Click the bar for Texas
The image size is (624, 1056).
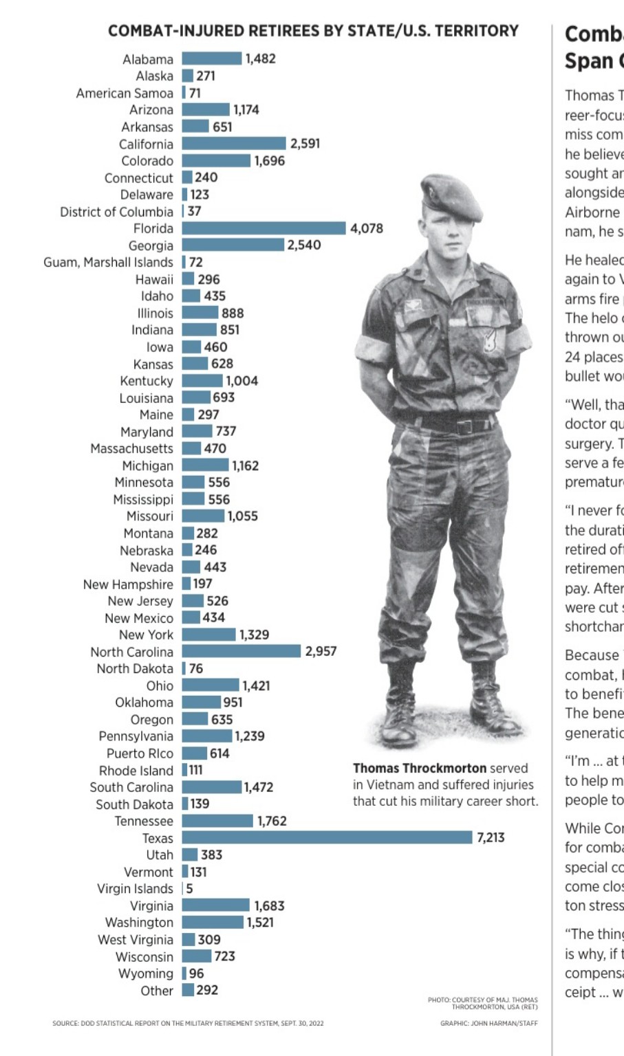pyautogui.click(x=327, y=837)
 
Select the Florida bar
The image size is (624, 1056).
pyautogui.click(x=263, y=228)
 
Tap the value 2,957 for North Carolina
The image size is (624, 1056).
pyautogui.click(x=321, y=651)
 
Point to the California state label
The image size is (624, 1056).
pyautogui.click(x=146, y=144)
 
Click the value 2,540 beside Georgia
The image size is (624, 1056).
pyautogui.click(x=304, y=245)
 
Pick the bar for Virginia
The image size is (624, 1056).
pyautogui.click(x=215, y=905)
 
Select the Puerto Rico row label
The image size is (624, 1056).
pyautogui.click(x=140, y=753)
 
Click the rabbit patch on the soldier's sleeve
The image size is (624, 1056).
pyautogui.click(x=490, y=340)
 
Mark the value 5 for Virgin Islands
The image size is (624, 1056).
pyautogui.click(x=189, y=888)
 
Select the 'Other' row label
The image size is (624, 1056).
pyautogui.click(x=157, y=990)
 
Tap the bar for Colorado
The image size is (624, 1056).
pyautogui.click(x=216, y=160)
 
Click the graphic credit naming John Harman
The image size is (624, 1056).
pyautogui.click(x=489, y=1023)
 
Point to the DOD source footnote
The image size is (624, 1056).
pyautogui.click(x=188, y=1023)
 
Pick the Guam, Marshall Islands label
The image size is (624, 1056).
pyautogui.click(x=108, y=262)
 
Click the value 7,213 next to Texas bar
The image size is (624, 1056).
pyautogui.click(x=490, y=837)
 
